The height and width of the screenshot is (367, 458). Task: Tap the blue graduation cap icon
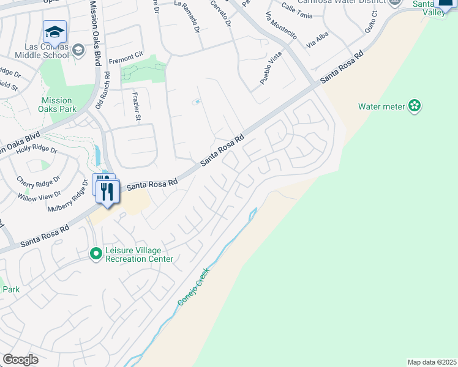pyautogui.click(x=54, y=32)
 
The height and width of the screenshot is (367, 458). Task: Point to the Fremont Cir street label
pyautogui.click(x=126, y=62)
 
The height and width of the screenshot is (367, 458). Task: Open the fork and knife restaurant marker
pyautogui.click(x=108, y=193)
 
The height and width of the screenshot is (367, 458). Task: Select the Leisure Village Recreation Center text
pyautogui.click(x=139, y=254)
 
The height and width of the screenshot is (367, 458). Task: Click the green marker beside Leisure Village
pyautogui.click(x=96, y=253)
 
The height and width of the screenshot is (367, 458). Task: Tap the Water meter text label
pyautogui.click(x=381, y=106)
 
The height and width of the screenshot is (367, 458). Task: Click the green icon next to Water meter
pyautogui.click(x=415, y=106)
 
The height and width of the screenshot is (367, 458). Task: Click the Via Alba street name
pyautogui.click(x=318, y=41)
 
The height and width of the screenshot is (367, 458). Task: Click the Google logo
pyautogui.click(x=20, y=360)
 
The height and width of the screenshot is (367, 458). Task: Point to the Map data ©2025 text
pyautogui.click(x=431, y=362)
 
